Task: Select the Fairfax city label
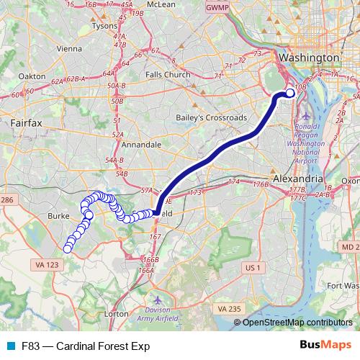pos(27,123)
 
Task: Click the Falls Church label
pos(168,74)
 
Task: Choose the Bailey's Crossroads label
pos(212,117)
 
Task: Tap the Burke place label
pos(57,215)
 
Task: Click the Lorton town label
pos(116,314)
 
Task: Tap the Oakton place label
pos(32,75)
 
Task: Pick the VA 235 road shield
pos(229,308)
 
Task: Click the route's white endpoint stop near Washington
pos(290,92)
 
